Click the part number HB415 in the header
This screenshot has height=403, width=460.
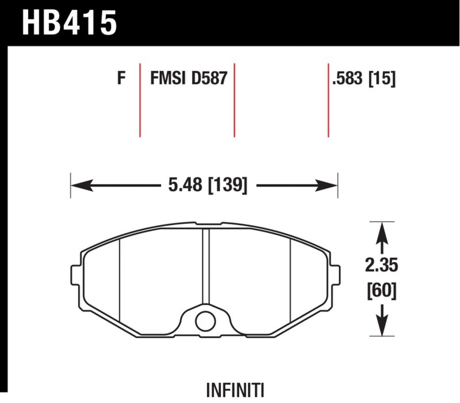click(x=70, y=23)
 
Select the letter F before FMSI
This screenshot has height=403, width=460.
click(x=121, y=78)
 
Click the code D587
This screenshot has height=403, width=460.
click(x=209, y=78)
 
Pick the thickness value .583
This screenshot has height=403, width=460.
click(x=348, y=78)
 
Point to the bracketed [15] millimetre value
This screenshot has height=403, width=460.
click(x=382, y=79)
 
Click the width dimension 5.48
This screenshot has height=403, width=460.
click(x=185, y=185)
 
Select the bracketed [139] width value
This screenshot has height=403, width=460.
click(x=228, y=185)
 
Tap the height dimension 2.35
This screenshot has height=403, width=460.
click(x=381, y=265)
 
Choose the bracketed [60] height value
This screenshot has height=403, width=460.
click(x=382, y=290)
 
